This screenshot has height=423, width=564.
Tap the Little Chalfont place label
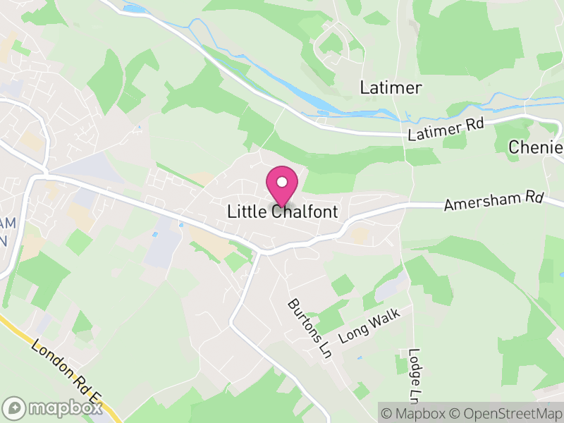[x=282, y=211]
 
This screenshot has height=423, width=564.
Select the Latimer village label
[x=391, y=88]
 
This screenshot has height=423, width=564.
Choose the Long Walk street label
[x=369, y=325]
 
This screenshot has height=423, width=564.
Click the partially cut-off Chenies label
[x=537, y=147]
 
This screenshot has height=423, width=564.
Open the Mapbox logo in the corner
[x=52, y=408]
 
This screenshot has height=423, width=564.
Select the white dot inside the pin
[x=282, y=182]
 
